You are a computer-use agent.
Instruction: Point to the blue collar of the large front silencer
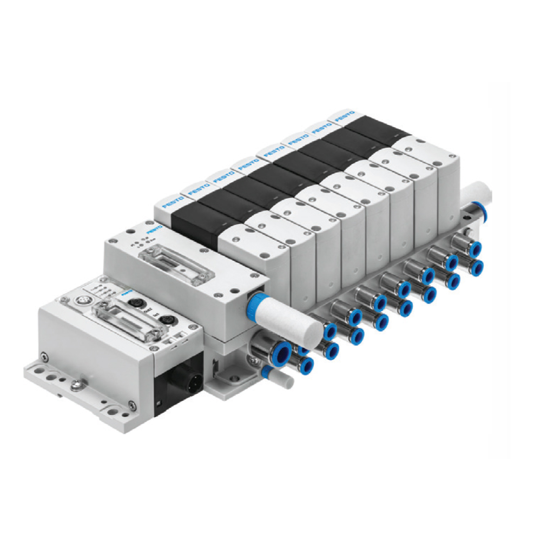coord(254,298)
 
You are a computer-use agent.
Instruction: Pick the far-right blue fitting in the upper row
coord(475,249)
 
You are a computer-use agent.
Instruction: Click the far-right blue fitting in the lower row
coord(476,268)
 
